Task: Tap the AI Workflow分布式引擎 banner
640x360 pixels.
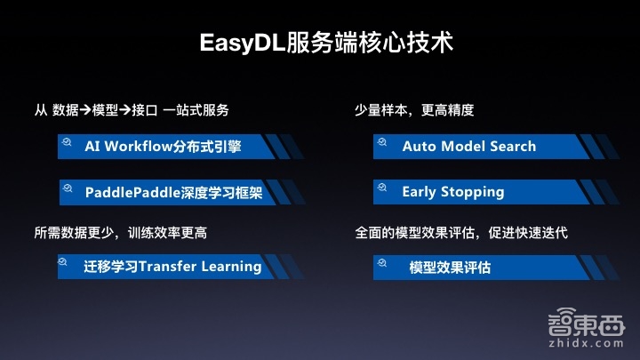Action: tap(163, 146)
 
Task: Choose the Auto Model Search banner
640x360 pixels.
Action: tap(468, 146)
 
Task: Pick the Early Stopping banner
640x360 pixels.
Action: tap(452, 191)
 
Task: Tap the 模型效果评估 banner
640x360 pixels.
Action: tap(450, 267)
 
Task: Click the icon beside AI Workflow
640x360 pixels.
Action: tap(67, 141)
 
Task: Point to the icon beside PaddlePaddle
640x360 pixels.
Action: tap(67, 187)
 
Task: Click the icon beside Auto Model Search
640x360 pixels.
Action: tap(381, 141)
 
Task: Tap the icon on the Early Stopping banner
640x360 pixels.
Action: tap(381, 187)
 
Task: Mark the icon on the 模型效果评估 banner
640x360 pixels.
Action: tap(381, 261)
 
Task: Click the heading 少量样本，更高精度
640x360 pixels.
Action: tap(414, 110)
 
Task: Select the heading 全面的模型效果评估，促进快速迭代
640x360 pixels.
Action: tap(460, 233)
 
